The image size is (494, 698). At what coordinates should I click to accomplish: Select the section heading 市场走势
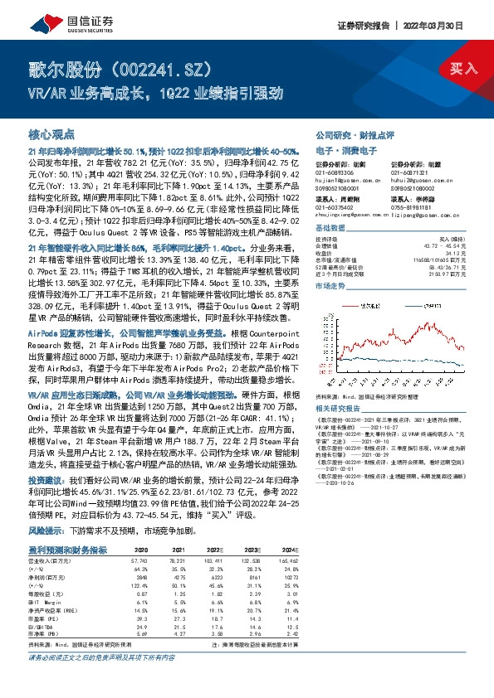(331, 284)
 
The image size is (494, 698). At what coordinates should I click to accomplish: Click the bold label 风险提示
(46, 529)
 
